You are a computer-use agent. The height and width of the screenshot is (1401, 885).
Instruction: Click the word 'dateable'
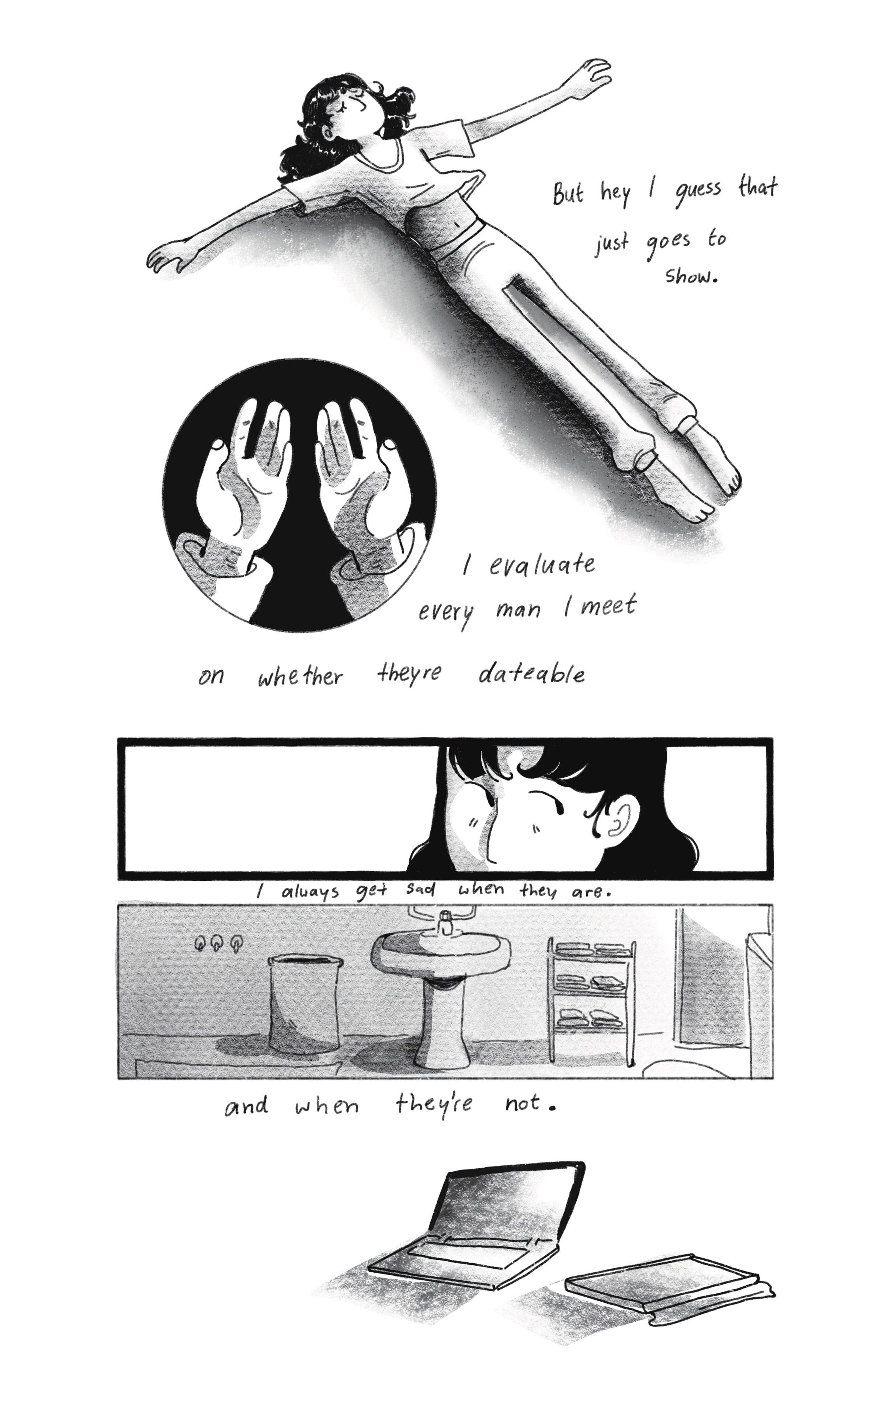pos(532,674)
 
